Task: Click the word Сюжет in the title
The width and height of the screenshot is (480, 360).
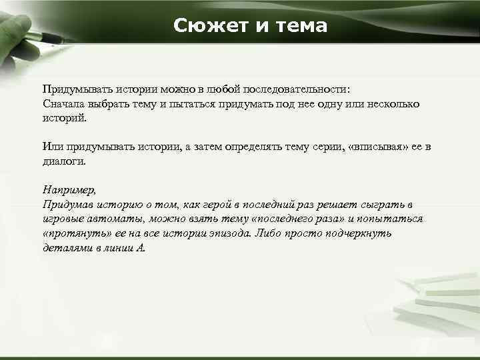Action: click(x=204, y=26)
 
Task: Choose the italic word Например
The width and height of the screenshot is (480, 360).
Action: click(x=69, y=190)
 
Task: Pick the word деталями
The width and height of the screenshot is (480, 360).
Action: click(x=66, y=248)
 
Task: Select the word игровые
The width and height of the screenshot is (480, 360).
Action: click(x=63, y=219)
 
